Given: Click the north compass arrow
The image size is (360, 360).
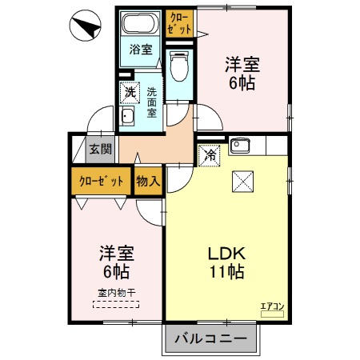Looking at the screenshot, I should pyautogui.click(x=86, y=27).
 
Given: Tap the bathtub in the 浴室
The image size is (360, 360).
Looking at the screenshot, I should pyautogui.click(x=141, y=22).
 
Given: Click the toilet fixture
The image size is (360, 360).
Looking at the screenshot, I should pyautogui.click(x=179, y=63).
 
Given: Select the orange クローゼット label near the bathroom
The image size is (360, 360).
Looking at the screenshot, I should pyautogui.click(x=180, y=22).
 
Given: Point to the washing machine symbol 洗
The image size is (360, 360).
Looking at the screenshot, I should pyautogui.click(x=130, y=94).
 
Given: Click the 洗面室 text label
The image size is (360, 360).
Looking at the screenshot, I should pyautogui.click(x=151, y=102).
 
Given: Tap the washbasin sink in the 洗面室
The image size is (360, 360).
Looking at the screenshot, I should pyautogui.click(x=127, y=117).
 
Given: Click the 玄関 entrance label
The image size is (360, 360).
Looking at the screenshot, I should pyautogui.click(x=100, y=150).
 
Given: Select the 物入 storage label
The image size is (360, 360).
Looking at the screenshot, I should pyautogui.click(x=148, y=181).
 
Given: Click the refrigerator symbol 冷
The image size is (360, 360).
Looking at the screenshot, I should pyautogui.click(x=209, y=154).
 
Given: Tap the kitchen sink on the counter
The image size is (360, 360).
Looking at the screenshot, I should pyautogui.click(x=241, y=146).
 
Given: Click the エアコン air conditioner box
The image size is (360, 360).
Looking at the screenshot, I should pyautogui.click(x=273, y=305).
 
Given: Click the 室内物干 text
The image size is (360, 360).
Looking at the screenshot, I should pyautogui.click(x=117, y=293).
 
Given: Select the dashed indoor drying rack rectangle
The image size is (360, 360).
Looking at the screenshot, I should pyautogui.click(x=117, y=304).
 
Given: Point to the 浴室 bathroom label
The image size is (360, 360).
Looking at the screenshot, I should pyautogui.click(x=141, y=50).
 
